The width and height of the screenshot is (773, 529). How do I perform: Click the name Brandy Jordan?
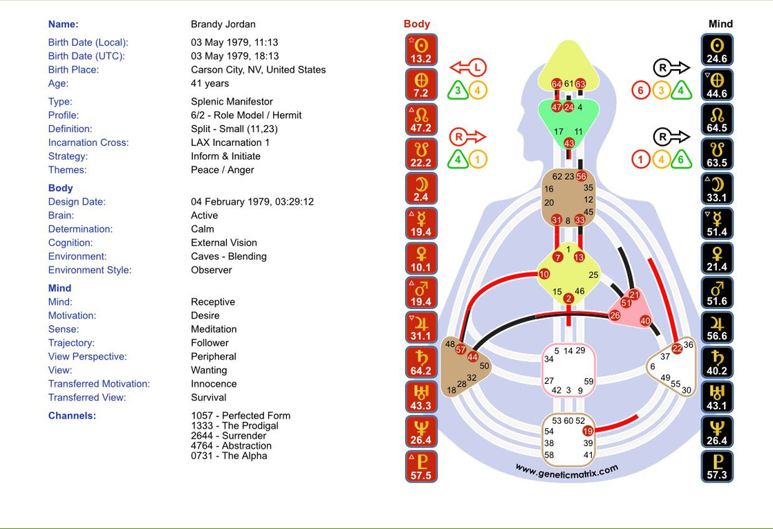(223, 24)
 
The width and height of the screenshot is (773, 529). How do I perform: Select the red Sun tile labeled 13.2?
(420, 50)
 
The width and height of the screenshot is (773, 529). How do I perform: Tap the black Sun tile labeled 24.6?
(717, 50)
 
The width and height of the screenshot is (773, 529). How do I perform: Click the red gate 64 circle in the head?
(557, 84)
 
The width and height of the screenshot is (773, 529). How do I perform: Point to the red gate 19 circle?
(588, 431)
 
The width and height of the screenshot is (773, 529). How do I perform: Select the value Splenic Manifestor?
(232, 102)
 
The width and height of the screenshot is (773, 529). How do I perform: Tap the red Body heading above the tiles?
(417, 24)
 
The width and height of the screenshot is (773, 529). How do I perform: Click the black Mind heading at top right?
(720, 24)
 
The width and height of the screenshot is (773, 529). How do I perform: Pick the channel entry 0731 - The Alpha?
(229, 456)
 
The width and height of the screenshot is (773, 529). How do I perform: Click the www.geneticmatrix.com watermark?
(566, 470)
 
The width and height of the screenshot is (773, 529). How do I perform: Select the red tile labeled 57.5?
(420, 467)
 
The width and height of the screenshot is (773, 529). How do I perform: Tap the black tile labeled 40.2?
(717, 362)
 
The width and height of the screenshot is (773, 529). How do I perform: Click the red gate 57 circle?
(461, 349)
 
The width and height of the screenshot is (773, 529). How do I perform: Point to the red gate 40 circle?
(645, 321)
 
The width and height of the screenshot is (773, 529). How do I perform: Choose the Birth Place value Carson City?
(258, 70)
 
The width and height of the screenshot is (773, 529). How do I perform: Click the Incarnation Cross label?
(88, 142)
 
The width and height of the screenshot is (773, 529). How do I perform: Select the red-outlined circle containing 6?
(640, 91)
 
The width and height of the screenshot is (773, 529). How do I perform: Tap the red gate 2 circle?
(568, 299)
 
